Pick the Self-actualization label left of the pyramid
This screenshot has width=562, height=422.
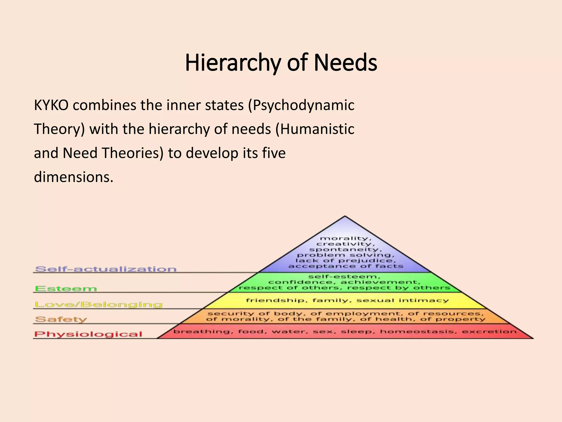click(106, 269)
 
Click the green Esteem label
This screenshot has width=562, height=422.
click(66, 288)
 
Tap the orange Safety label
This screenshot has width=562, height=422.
click(61, 319)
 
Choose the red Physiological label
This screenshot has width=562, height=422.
click(88, 334)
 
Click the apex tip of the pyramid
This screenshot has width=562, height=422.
click(345, 217)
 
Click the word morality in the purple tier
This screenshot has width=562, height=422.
click(344, 238)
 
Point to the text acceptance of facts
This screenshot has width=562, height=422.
click(346, 266)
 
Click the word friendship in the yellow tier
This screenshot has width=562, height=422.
click(275, 300)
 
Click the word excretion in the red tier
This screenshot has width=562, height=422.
click(489, 332)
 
